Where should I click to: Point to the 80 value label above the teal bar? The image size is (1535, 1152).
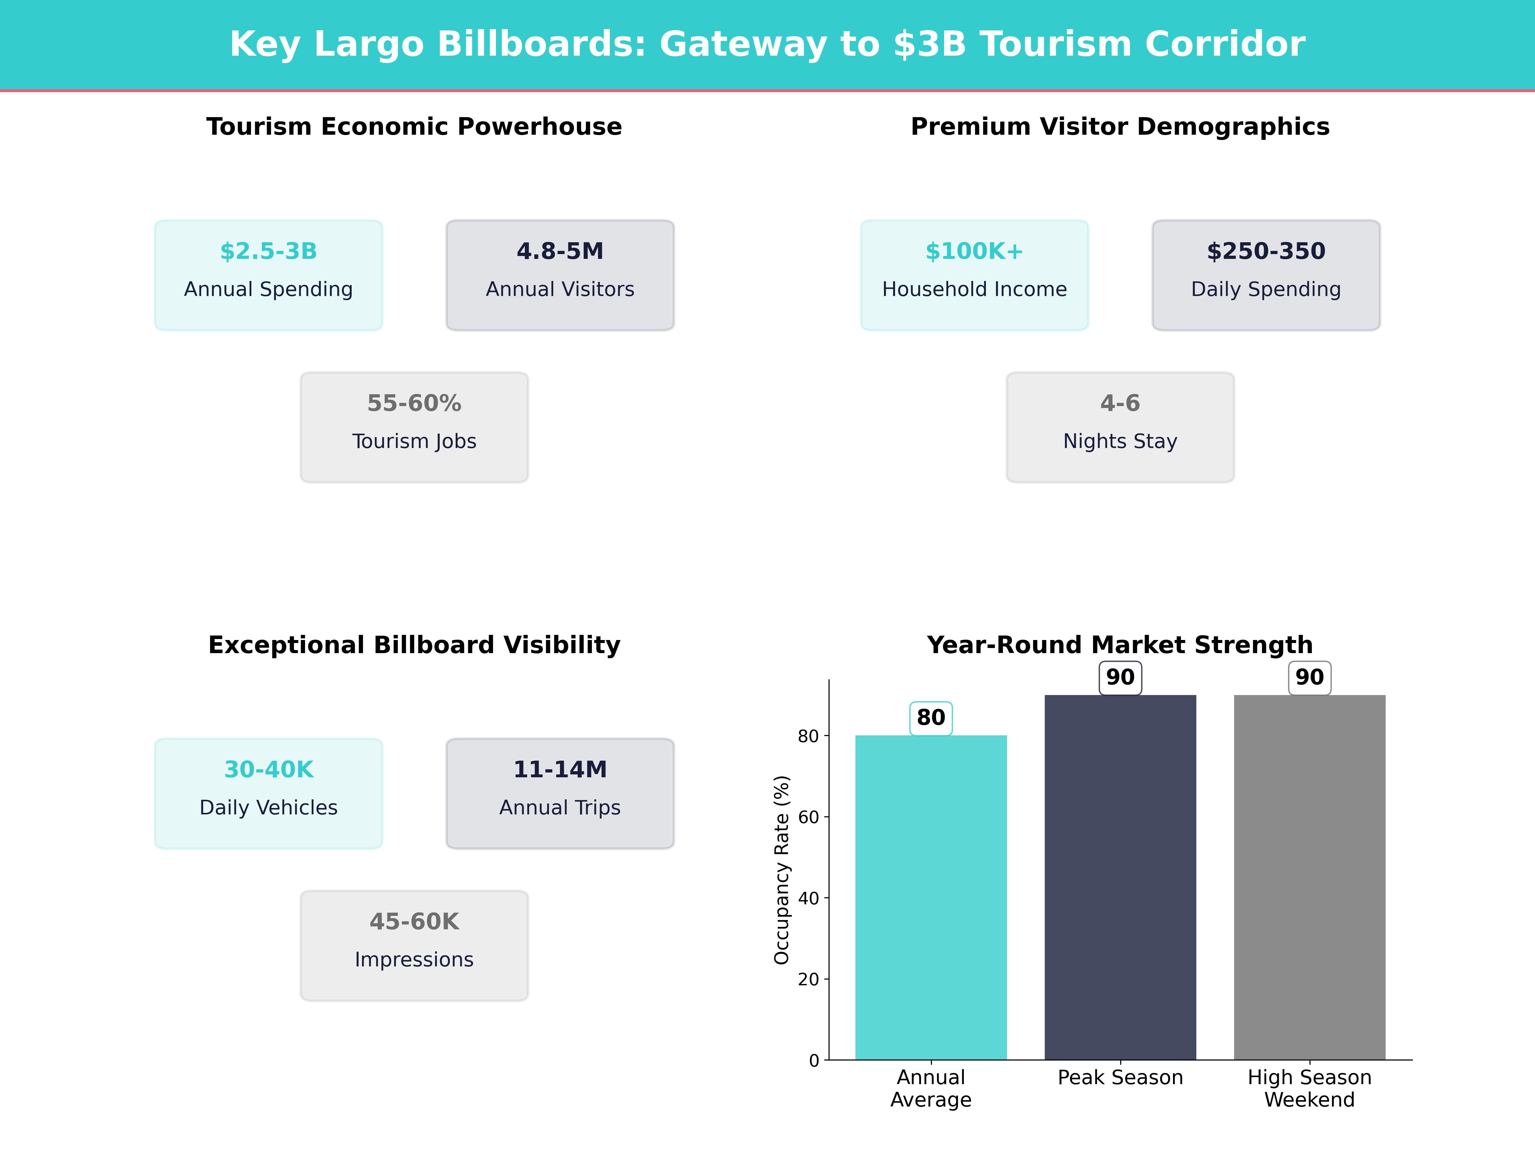coord(931,717)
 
